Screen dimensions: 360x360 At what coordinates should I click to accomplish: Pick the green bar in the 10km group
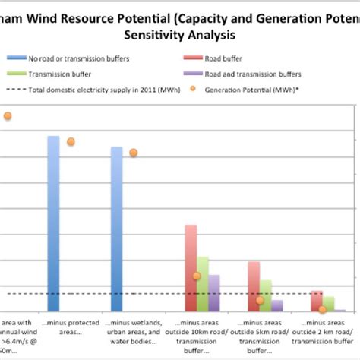pos(203,284)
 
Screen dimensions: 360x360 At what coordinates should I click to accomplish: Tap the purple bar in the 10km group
pos(214,293)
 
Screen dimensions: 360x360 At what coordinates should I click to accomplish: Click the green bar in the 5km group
pos(266,295)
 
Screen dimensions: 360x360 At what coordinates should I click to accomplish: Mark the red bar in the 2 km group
pos(317,301)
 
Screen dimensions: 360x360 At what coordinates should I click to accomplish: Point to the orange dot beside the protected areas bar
pos(71,141)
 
